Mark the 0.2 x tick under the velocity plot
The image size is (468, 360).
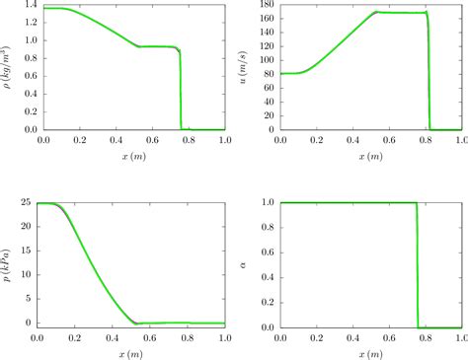pyautogui.click(x=317, y=140)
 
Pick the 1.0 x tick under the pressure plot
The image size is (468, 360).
pyautogui.click(x=224, y=337)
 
